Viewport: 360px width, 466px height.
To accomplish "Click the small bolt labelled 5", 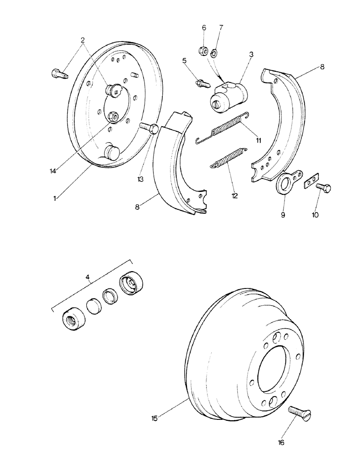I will click(201, 84).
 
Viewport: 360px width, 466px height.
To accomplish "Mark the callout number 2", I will click(83, 40).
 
